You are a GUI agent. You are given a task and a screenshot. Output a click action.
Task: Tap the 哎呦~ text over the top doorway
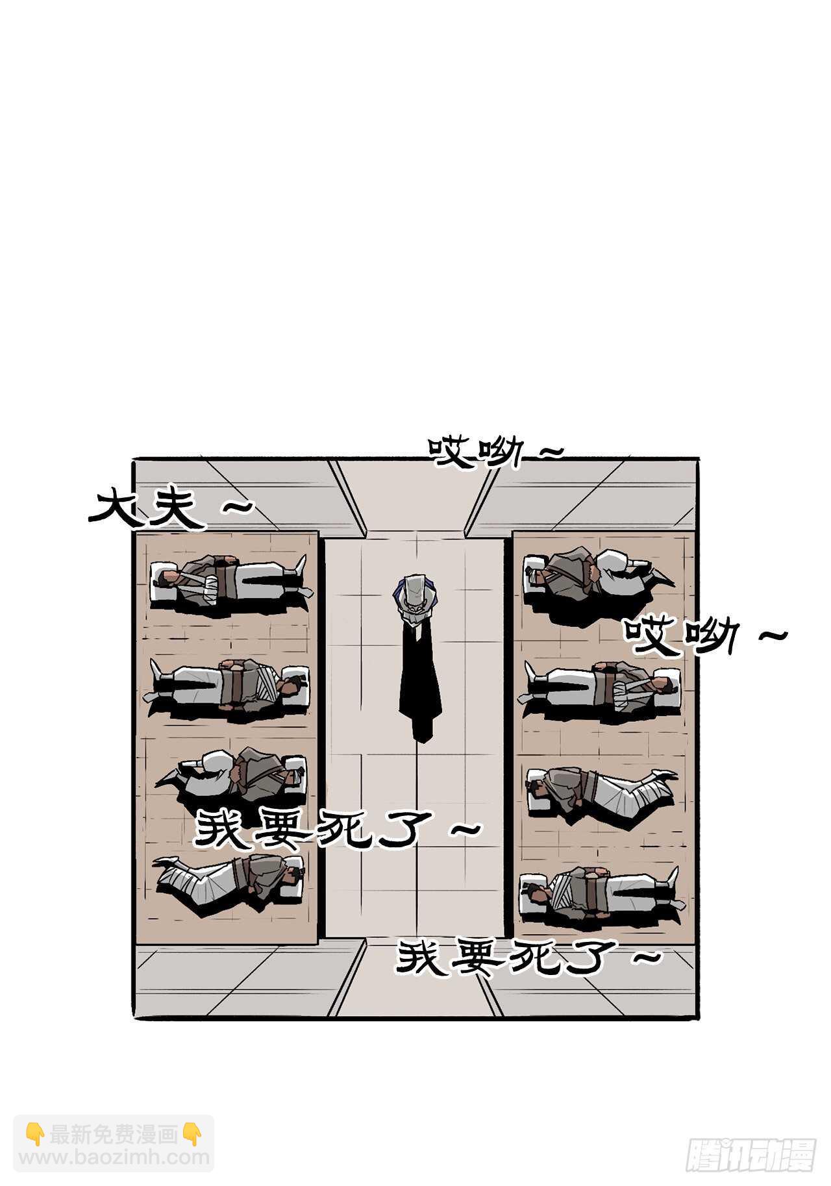point(495,452)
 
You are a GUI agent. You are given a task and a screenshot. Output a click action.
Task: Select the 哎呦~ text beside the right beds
point(704,635)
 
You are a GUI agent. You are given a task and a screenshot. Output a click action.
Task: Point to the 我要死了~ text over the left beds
point(338,829)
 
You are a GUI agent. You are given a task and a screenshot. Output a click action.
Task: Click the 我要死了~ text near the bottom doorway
point(527,958)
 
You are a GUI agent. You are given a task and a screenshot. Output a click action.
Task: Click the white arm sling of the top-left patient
point(209,587)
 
